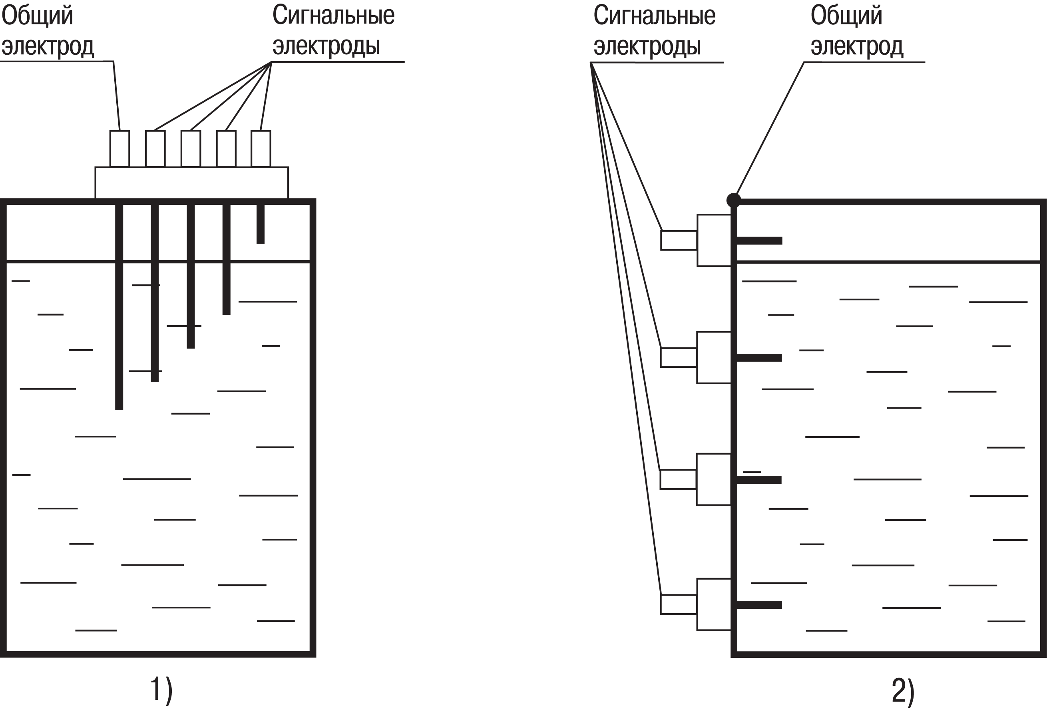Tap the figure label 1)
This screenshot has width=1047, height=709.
point(161,690)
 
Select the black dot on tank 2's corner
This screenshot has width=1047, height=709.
point(733,200)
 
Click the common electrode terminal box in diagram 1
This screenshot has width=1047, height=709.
point(119,149)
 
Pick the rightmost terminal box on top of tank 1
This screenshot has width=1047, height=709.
point(261,149)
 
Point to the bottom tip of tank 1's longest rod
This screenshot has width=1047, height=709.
point(119,408)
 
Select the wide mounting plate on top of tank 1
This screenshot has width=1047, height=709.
point(191,183)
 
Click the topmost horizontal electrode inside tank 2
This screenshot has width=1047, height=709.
point(759,241)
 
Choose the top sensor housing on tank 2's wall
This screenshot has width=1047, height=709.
point(714,240)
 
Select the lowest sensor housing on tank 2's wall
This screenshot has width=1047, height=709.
point(714,604)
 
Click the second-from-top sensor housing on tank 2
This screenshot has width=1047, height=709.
point(714,357)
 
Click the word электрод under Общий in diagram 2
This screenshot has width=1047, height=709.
point(856,46)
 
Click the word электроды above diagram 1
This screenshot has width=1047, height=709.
point(326,46)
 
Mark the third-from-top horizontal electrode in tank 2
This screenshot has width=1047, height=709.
point(759,480)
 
